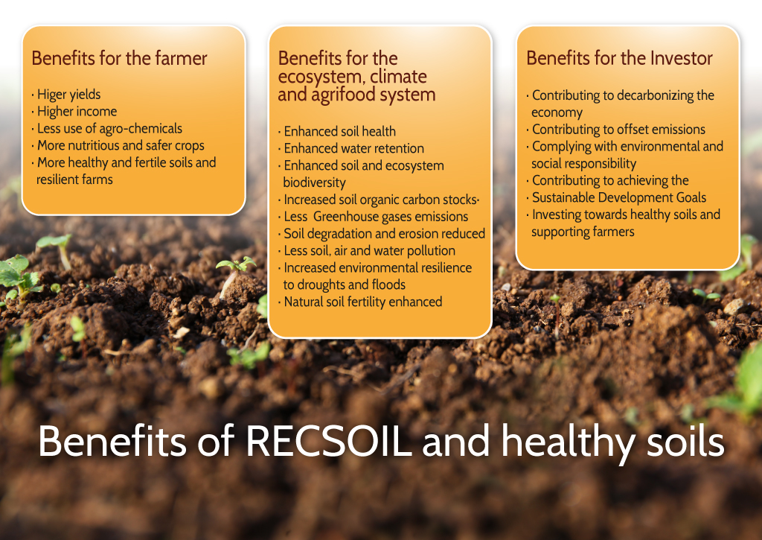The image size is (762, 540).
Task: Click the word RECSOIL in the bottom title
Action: (x=329, y=441)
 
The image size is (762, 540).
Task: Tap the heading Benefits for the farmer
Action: (x=119, y=58)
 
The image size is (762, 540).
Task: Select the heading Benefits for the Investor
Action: (x=619, y=58)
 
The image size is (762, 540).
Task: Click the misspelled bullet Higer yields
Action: (x=68, y=95)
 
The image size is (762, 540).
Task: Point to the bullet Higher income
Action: (x=77, y=112)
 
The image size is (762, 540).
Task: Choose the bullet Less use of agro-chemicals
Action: (x=109, y=128)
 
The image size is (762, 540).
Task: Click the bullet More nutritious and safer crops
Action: (x=121, y=145)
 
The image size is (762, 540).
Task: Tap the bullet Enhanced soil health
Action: (x=339, y=131)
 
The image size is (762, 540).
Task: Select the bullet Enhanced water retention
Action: (x=353, y=148)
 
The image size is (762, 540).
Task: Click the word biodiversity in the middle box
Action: (x=315, y=182)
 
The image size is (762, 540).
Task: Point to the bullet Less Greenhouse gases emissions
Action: (x=376, y=217)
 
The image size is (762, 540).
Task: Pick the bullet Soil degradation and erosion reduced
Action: (x=385, y=234)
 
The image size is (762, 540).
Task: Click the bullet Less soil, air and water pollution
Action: (x=369, y=250)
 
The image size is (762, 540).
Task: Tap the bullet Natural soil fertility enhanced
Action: (x=363, y=302)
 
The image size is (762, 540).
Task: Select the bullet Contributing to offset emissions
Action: (x=618, y=130)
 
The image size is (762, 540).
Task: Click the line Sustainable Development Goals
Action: (x=619, y=197)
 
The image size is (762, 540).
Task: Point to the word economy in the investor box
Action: (x=557, y=113)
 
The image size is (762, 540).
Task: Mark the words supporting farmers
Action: (x=583, y=232)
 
